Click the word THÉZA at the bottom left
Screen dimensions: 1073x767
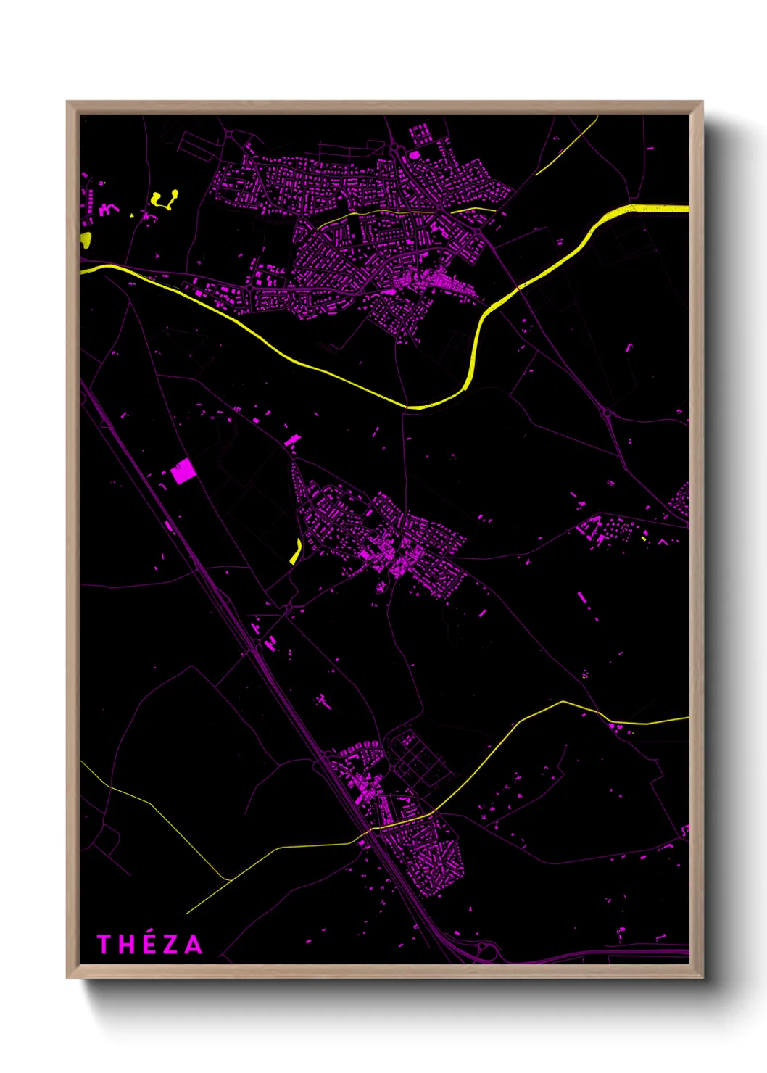150,944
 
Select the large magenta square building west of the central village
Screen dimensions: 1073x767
183,472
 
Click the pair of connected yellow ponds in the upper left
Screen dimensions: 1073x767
165,199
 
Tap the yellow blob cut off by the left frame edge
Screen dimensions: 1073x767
86,240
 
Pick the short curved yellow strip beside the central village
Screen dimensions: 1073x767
296,552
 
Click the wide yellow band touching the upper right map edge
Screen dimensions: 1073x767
656,209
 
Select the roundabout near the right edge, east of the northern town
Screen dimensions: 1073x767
607,414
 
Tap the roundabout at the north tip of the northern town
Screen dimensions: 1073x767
395,149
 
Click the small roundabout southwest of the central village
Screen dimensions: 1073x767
289,608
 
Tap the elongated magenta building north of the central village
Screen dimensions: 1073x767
291,440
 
